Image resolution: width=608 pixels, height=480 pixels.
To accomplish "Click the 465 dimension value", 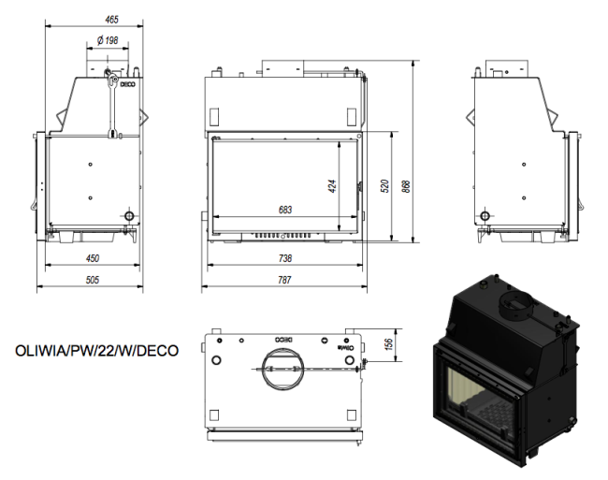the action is click(111, 20).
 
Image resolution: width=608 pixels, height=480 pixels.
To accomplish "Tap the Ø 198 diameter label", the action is click(108, 40).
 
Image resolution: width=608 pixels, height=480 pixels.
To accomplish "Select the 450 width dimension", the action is click(93, 258).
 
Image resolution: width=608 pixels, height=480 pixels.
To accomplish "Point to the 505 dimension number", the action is click(93, 280).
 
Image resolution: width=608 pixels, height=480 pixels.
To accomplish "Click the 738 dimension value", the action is click(285, 258).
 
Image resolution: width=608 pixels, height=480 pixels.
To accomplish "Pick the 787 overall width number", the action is click(284, 280).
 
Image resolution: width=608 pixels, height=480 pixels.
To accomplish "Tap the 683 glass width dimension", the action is click(285, 210).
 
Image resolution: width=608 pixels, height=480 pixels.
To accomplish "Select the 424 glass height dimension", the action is click(332, 186).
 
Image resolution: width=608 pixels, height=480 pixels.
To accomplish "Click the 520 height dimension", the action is click(384, 186).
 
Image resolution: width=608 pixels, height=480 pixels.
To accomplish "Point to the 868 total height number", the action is click(406, 186).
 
